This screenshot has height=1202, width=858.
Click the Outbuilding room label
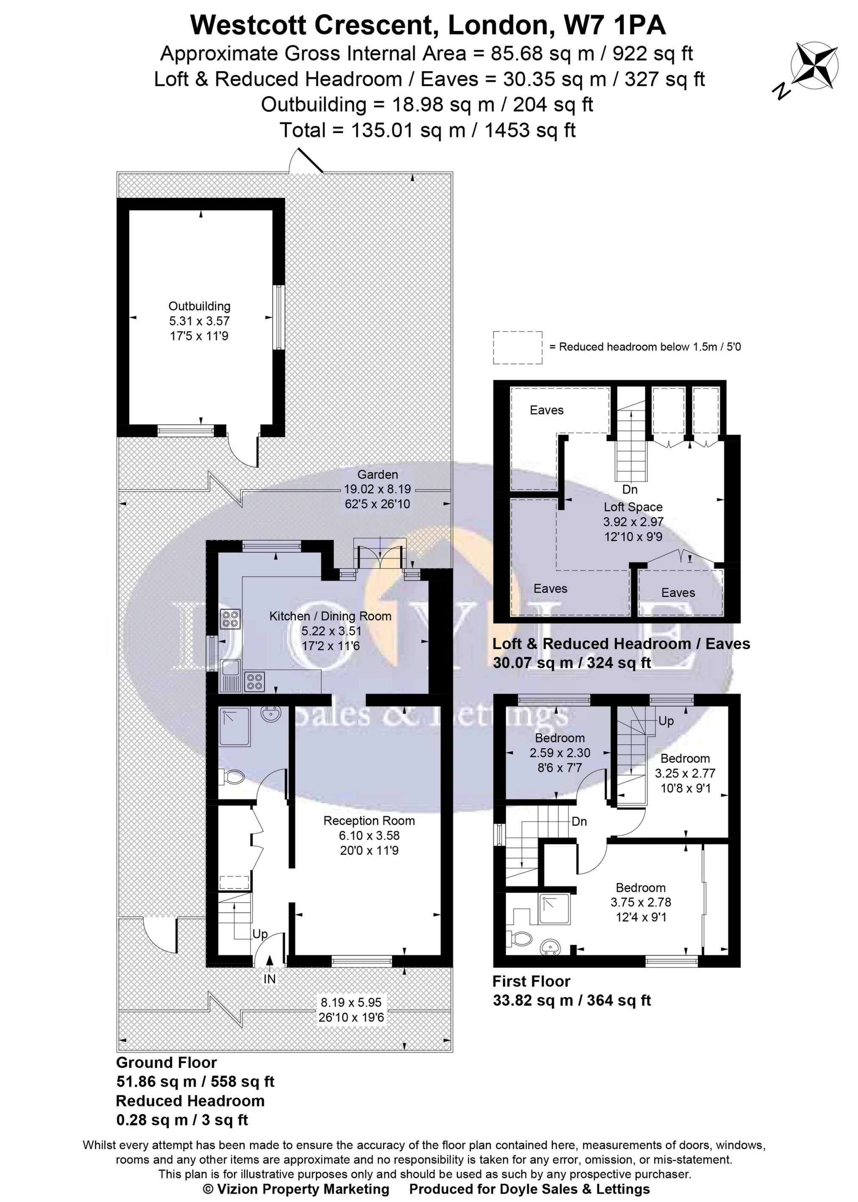[x=199, y=306]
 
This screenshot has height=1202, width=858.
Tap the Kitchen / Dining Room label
[x=330, y=616]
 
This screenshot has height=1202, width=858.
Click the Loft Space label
[x=633, y=507]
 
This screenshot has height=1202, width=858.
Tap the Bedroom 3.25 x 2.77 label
[x=685, y=759]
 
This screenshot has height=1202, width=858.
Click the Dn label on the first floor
[x=580, y=822]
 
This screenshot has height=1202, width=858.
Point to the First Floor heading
[x=531, y=981]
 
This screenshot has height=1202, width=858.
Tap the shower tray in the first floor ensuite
[x=554, y=909]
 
